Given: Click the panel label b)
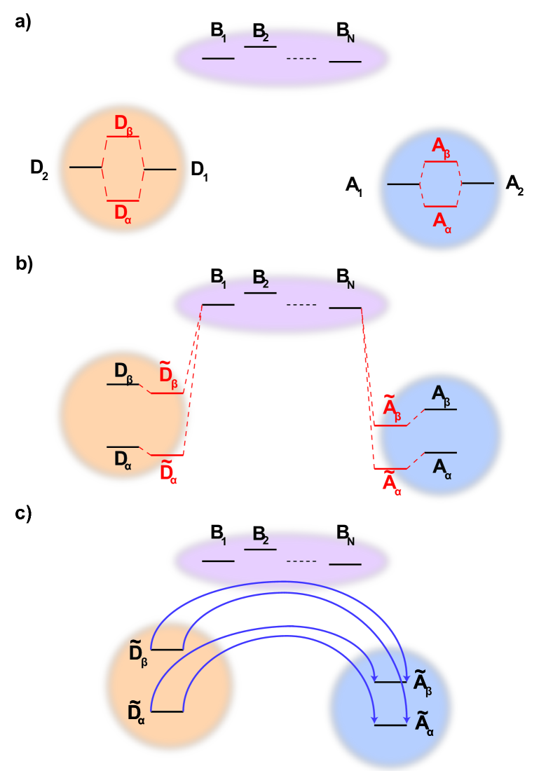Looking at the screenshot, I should (x=23, y=265).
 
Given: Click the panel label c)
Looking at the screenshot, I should (x=23, y=514).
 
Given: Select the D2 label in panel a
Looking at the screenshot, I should (x=39, y=169).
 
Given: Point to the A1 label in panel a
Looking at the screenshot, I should (x=354, y=186).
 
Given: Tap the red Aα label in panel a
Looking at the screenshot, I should (x=442, y=221).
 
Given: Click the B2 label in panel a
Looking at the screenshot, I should (x=261, y=34).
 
